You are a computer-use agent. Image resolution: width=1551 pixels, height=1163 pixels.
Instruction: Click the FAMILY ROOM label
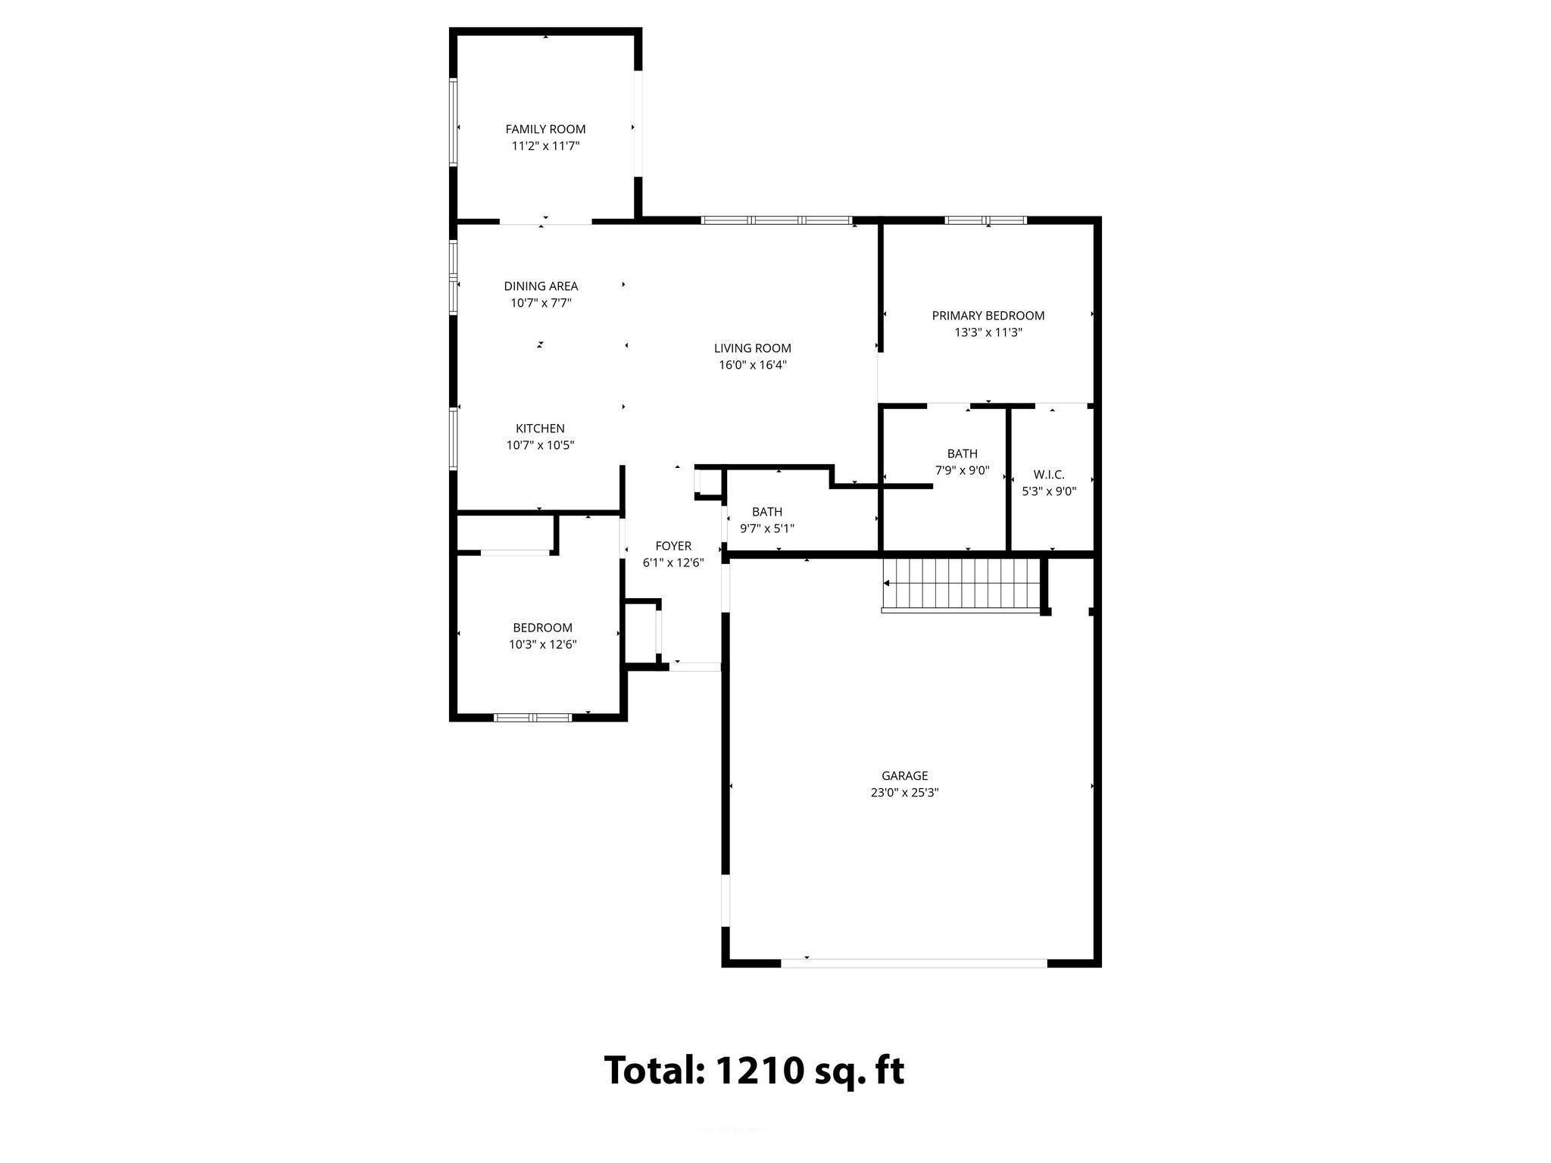(x=545, y=129)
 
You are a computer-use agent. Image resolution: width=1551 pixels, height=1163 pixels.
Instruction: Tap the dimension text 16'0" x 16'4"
(x=752, y=365)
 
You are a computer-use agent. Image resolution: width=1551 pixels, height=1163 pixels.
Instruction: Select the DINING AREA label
(x=541, y=286)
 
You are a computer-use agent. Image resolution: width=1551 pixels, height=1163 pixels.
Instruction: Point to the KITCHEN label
(x=540, y=429)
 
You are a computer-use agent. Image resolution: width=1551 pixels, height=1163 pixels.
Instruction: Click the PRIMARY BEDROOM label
(x=988, y=316)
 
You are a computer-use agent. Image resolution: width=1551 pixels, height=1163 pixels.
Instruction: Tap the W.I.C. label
(x=1049, y=475)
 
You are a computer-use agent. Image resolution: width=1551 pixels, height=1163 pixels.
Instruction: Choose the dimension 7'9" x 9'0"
(x=962, y=470)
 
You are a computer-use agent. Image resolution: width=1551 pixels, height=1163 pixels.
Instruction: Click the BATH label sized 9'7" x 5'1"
(x=766, y=512)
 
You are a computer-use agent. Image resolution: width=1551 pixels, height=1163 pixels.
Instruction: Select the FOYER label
(x=673, y=546)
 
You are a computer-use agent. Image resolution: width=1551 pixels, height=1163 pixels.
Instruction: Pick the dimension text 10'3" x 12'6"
(x=542, y=644)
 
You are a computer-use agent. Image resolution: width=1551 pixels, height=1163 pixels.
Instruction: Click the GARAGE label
(x=904, y=775)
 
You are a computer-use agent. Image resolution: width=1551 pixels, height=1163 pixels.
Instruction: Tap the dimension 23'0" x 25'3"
(x=904, y=793)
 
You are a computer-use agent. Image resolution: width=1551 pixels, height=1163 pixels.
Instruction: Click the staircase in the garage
(x=960, y=584)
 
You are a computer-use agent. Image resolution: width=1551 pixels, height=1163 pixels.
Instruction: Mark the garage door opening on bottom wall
(x=913, y=963)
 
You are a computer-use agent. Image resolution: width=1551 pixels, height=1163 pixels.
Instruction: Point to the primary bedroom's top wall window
(x=985, y=220)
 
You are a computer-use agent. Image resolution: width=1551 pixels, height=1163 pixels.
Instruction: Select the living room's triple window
(x=777, y=220)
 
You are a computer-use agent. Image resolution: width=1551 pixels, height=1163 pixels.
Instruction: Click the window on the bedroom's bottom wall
(x=532, y=717)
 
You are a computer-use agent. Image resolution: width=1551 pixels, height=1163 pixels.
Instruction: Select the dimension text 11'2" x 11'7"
(x=545, y=146)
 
